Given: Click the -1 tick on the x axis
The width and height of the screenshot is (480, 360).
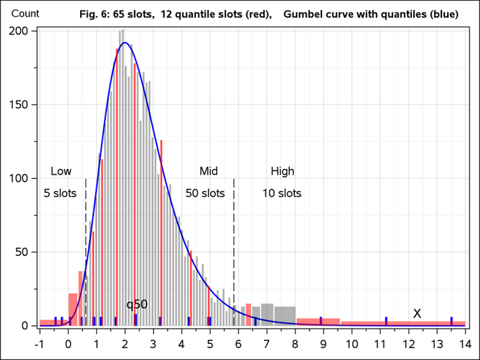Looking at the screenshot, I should (x=39, y=343).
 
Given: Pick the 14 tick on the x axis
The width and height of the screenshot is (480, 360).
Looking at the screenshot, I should (x=465, y=343).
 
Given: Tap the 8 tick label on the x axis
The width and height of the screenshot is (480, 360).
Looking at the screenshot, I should (x=295, y=343).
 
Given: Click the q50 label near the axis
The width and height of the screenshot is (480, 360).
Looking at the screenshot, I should (x=137, y=305).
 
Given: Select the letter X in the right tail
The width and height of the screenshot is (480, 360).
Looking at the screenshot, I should (x=417, y=313).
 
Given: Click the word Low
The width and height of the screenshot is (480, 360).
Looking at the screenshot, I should (x=61, y=171).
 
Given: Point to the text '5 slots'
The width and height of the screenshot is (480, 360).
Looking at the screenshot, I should (x=60, y=193).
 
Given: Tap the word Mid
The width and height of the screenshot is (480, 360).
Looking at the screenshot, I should (x=208, y=171).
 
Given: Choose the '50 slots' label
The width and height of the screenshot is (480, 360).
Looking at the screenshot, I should (x=205, y=193).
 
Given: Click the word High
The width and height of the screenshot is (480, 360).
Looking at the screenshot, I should (x=283, y=171).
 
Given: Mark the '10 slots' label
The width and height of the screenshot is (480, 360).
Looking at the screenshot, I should (x=281, y=193).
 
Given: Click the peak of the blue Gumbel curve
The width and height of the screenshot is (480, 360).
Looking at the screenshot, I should (x=125, y=43).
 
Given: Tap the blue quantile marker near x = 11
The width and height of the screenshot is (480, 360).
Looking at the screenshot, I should (x=386, y=321).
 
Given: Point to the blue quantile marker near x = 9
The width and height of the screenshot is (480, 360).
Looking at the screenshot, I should (x=321, y=321).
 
